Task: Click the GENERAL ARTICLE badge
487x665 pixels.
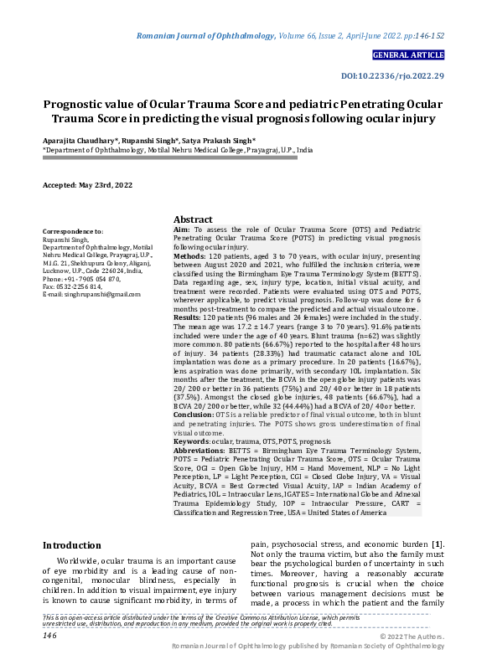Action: [408, 55]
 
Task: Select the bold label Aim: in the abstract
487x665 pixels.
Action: [181, 229]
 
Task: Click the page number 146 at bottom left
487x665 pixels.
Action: [49, 636]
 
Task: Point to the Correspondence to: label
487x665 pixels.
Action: [73, 231]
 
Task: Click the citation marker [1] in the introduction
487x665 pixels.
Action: [437, 545]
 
